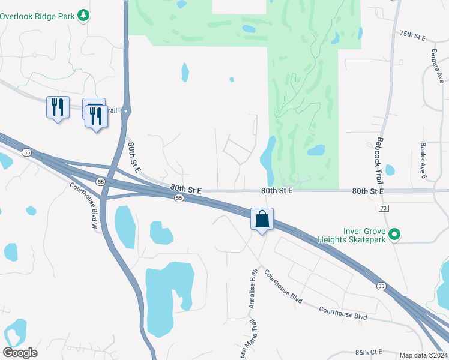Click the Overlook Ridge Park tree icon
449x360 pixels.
84,15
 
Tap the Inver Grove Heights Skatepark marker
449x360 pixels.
394,234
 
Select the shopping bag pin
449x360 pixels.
262,219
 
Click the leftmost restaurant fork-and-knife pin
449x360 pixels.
58,107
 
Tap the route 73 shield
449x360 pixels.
382,208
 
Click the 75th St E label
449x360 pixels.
412,37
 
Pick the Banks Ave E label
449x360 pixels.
423,160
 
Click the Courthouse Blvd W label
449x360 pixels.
82,204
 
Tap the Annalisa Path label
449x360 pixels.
253,288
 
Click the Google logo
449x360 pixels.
20,353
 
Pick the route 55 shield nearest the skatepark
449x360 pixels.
381,287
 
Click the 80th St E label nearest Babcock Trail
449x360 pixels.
368,191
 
